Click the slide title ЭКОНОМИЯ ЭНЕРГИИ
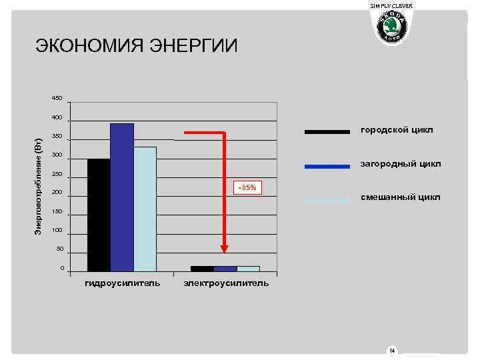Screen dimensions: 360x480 tap(136, 46)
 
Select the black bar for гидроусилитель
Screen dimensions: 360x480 tap(99, 215)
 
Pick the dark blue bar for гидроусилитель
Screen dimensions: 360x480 tap(122, 197)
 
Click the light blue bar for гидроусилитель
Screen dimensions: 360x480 tap(145, 209)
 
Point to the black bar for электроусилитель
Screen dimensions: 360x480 tap(202, 269)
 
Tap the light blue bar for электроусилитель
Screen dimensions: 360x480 tap(248, 269)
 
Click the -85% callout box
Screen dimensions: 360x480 tap(245, 188)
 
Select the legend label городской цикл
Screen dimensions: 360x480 tap(397, 129)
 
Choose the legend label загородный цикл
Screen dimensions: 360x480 tap(401, 163)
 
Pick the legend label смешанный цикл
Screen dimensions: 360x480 tap(400, 197)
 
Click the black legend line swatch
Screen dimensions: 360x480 tap(327, 131)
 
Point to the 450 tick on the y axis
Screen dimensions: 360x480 tap(57, 99)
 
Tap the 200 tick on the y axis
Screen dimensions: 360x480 tap(57, 193)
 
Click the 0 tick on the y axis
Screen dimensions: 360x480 tap(62, 269)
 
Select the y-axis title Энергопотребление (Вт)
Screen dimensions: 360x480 tap(39, 186)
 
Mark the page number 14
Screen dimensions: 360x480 tap(392, 351)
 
